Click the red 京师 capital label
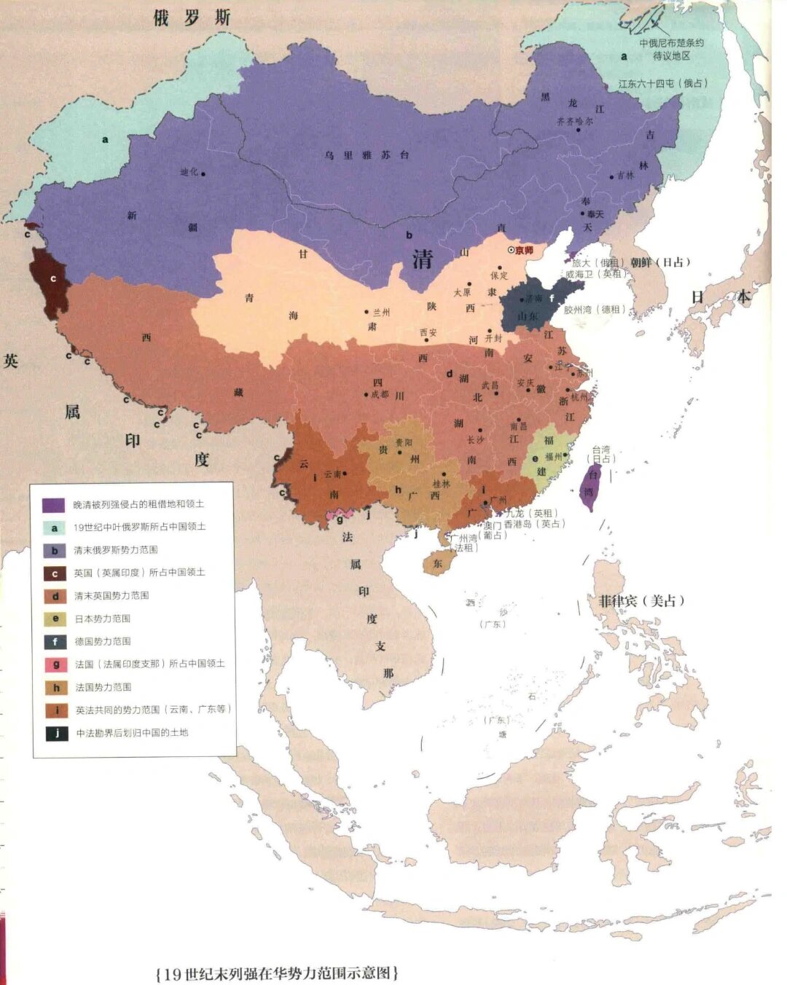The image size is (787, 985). [524, 251]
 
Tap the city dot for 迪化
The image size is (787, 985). [203, 173]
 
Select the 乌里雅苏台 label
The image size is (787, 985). [367, 155]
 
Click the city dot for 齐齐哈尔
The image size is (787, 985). [578, 130]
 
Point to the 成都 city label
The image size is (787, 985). [380, 394]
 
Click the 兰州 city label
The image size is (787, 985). [380, 312]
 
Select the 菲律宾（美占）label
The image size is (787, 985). [641, 601]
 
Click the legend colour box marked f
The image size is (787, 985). [55, 642]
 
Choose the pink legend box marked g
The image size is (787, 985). [55, 664]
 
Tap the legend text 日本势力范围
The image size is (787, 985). [103, 619]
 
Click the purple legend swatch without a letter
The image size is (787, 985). [54, 505]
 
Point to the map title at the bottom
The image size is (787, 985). [278, 973]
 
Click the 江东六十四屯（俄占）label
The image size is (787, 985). [662, 84]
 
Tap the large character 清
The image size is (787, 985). [422, 259]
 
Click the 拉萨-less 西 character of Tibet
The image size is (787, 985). [146, 337]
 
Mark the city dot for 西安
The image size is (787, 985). [427, 340]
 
